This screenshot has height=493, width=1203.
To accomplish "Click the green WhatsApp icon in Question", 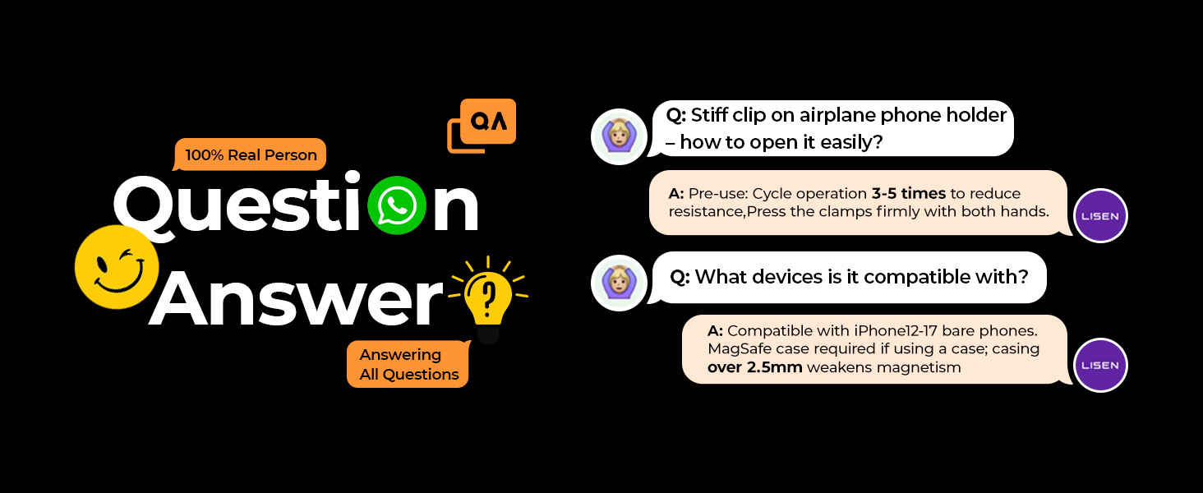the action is [397, 205].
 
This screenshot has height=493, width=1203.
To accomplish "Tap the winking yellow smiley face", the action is [117, 267].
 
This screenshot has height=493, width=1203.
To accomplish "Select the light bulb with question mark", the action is [487, 298].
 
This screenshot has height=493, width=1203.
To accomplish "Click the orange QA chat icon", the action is [482, 126].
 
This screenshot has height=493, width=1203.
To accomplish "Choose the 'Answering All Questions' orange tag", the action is [408, 364].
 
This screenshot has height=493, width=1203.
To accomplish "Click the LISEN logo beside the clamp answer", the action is [1100, 216].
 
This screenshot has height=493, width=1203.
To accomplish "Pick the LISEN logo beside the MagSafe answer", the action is [1100, 365].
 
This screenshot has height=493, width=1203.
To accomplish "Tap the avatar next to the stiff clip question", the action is [619, 136].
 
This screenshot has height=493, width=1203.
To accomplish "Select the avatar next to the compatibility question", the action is [619, 283].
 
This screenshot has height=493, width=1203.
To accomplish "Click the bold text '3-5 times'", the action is [908, 193].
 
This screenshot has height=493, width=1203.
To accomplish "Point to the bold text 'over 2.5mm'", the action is [754, 367].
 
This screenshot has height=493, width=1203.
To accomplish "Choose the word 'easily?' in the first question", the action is [852, 142].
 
